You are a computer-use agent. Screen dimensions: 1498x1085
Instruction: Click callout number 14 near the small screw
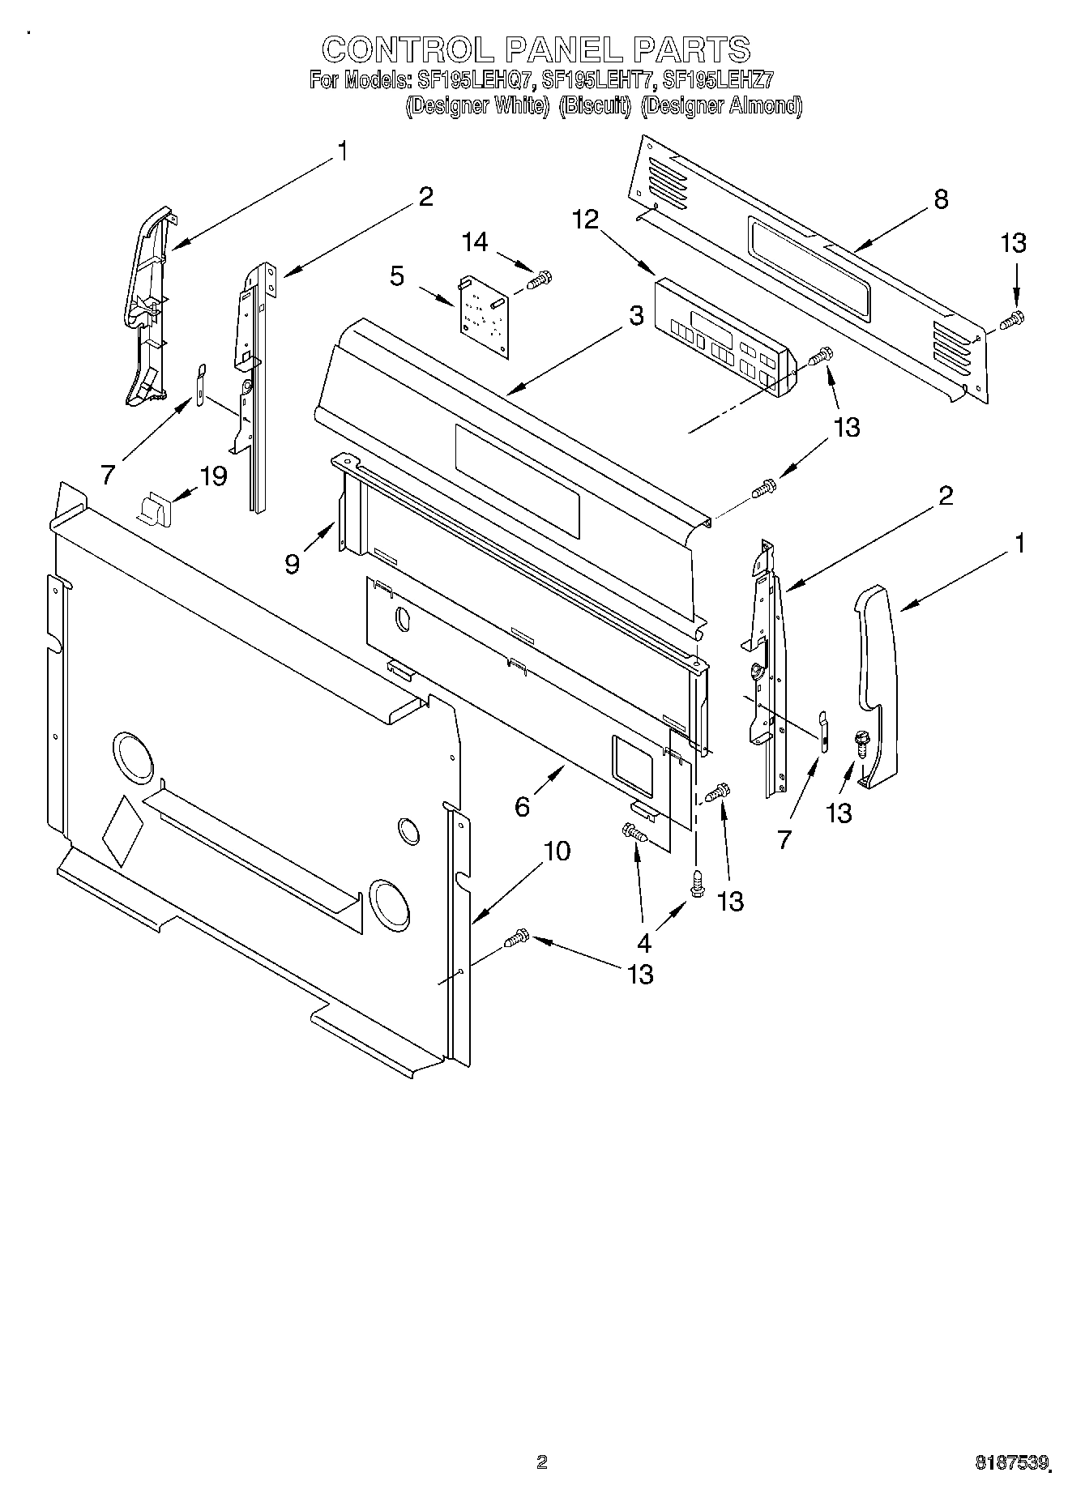pyautogui.click(x=476, y=242)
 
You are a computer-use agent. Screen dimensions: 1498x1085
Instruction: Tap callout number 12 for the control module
pyautogui.click(x=585, y=219)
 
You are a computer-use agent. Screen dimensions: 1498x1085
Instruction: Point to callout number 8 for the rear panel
pyautogui.click(x=941, y=199)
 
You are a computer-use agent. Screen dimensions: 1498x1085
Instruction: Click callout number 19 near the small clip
pyautogui.click(x=214, y=476)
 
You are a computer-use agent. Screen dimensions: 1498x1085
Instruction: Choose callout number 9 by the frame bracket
pyautogui.click(x=293, y=563)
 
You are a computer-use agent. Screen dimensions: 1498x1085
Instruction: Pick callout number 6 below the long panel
pyautogui.click(x=522, y=806)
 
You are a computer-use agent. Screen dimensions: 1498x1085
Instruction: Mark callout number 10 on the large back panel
pyautogui.click(x=557, y=851)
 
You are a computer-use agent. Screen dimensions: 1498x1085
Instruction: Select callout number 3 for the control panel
pyautogui.click(x=636, y=316)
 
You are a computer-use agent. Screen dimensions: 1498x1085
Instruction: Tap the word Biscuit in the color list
pyautogui.click(x=595, y=106)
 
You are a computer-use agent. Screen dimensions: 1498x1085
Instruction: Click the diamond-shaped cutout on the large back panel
pyautogui.click(x=122, y=830)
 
